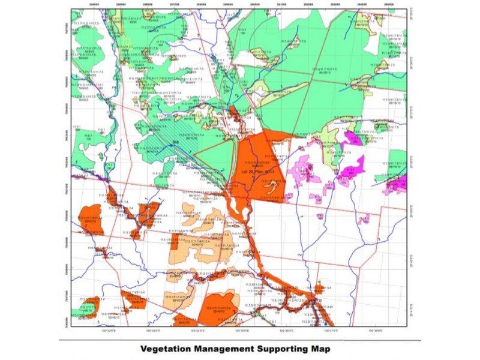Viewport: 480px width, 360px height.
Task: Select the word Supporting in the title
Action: click(286, 349)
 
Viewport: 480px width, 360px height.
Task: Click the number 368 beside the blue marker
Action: click(175, 142)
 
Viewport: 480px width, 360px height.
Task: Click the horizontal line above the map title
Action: click(240, 340)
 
